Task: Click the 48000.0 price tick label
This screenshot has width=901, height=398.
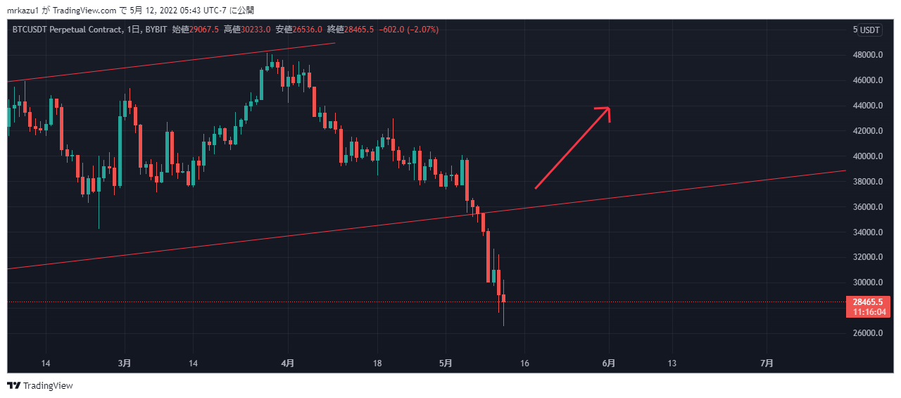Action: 867,55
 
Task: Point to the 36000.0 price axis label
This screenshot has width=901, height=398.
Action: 867,207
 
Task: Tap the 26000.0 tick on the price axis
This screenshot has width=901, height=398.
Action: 867,333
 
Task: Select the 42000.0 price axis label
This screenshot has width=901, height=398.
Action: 867,131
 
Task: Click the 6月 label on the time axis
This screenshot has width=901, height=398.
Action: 609,363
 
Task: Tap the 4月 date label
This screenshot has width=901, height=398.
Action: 287,363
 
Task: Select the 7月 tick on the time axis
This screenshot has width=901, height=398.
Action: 767,363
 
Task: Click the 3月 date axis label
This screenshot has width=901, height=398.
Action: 125,363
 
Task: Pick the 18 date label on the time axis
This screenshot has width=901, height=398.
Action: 377,363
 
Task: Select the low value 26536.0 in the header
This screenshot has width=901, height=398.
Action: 307,30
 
